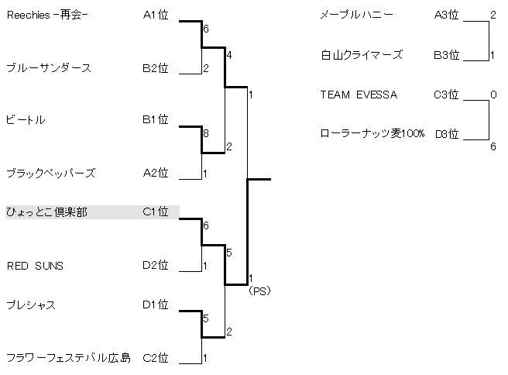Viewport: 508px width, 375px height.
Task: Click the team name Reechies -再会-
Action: click(x=46, y=15)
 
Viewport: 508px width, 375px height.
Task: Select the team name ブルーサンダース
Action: click(x=48, y=68)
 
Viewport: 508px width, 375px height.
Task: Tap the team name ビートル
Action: click(x=26, y=120)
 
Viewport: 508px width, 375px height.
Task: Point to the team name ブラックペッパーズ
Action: click(x=50, y=174)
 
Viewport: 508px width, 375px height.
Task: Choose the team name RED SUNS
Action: click(x=35, y=266)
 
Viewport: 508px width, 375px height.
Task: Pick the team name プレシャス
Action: click(x=30, y=305)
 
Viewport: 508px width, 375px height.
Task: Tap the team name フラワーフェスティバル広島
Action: click(x=68, y=358)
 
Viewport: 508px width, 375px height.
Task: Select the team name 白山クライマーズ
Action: click(x=362, y=55)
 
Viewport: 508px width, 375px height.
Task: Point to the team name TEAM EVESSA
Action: click(x=359, y=95)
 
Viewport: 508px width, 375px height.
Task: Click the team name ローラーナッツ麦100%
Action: click(x=372, y=134)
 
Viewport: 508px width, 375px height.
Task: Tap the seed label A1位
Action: click(x=155, y=15)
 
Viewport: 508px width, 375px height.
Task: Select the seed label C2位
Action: click(x=155, y=358)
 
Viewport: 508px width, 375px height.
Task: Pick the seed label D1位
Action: click(x=155, y=305)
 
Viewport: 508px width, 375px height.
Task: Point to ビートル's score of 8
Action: click(x=205, y=134)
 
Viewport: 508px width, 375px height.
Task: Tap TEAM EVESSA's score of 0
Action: click(x=493, y=95)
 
